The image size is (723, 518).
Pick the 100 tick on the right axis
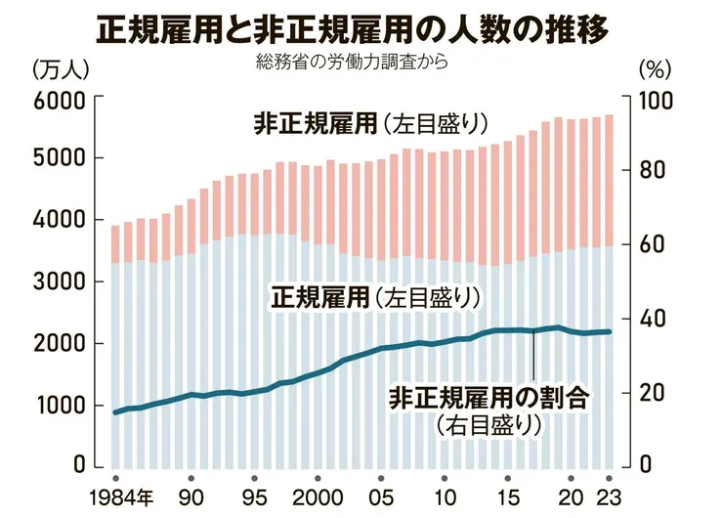(x=657, y=99)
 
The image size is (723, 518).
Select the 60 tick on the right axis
(x=653, y=245)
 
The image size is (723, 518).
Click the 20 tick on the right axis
(x=653, y=393)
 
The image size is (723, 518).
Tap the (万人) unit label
(x=62, y=69)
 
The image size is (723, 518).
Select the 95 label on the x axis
(x=254, y=494)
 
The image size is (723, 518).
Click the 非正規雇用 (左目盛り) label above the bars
(x=370, y=124)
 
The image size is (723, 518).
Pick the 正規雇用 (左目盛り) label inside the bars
(x=376, y=296)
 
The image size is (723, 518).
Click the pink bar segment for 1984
(x=115, y=244)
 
